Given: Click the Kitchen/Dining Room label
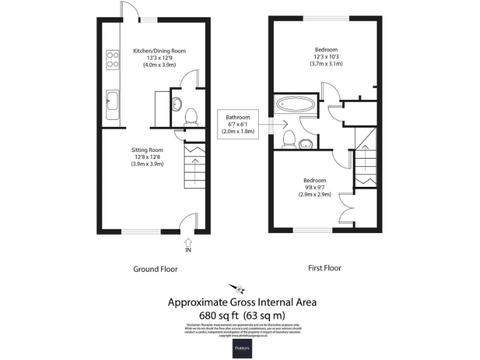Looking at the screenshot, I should tap(159, 51).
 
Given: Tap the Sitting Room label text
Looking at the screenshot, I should tap(147, 150).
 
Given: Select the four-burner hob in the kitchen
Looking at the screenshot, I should tap(113, 59).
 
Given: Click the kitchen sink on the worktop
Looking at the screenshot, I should tap(113, 104).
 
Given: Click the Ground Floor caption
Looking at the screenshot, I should tap(155, 269).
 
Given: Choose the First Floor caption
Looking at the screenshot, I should tap(324, 268).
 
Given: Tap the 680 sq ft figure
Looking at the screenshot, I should tap(216, 314).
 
